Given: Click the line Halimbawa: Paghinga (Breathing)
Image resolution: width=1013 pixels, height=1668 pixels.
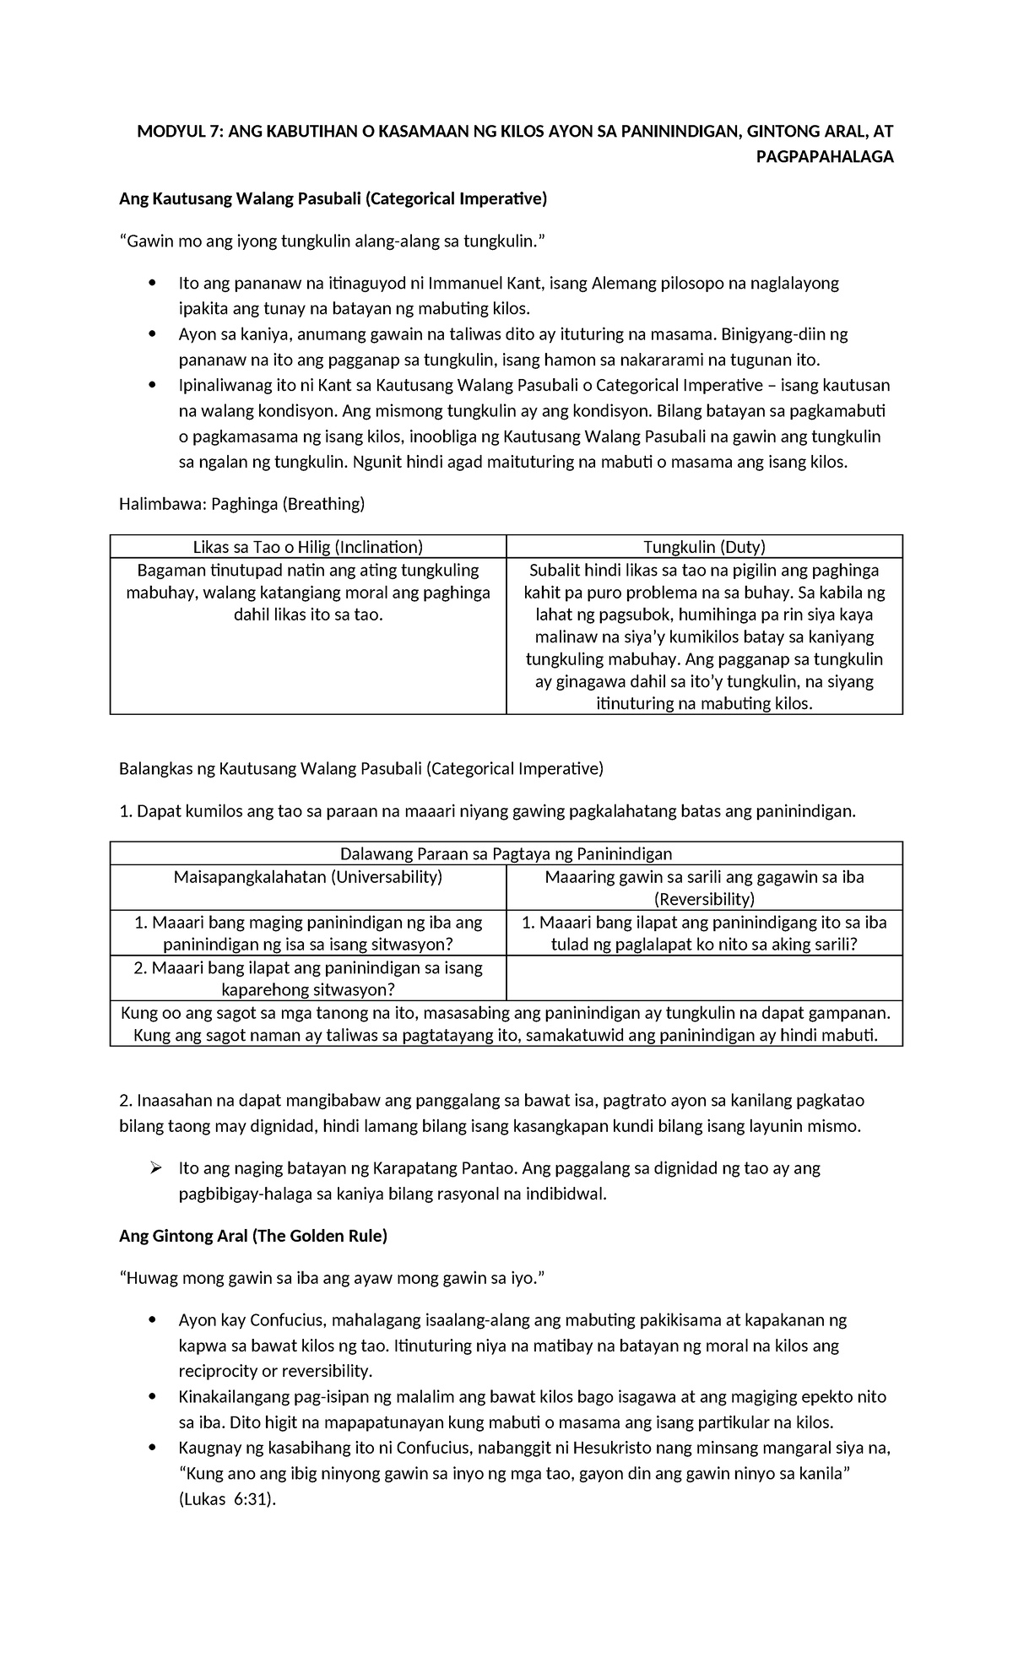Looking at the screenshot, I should coord(241,504).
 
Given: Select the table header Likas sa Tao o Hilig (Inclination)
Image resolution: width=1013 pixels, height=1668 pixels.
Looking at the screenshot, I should coord(307,547).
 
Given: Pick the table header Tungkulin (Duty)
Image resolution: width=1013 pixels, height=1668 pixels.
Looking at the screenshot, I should coord(704,547).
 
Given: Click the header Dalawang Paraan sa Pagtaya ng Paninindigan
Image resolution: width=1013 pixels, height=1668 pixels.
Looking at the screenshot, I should coord(506,853).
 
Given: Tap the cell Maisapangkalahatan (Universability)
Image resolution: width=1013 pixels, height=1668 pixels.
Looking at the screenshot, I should coord(307,876).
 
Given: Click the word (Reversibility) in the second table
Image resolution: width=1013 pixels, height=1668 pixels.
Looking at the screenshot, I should coord(704,899).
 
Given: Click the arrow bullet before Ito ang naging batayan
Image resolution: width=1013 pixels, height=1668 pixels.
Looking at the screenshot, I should coord(154,1168).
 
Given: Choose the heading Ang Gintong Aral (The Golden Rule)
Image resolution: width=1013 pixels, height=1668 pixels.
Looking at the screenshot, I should coord(253,1236).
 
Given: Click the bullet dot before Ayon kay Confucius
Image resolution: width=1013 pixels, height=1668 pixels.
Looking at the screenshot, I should coord(152,1320).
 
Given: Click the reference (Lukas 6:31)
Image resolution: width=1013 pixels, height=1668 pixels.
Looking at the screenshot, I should coord(227,1500).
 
